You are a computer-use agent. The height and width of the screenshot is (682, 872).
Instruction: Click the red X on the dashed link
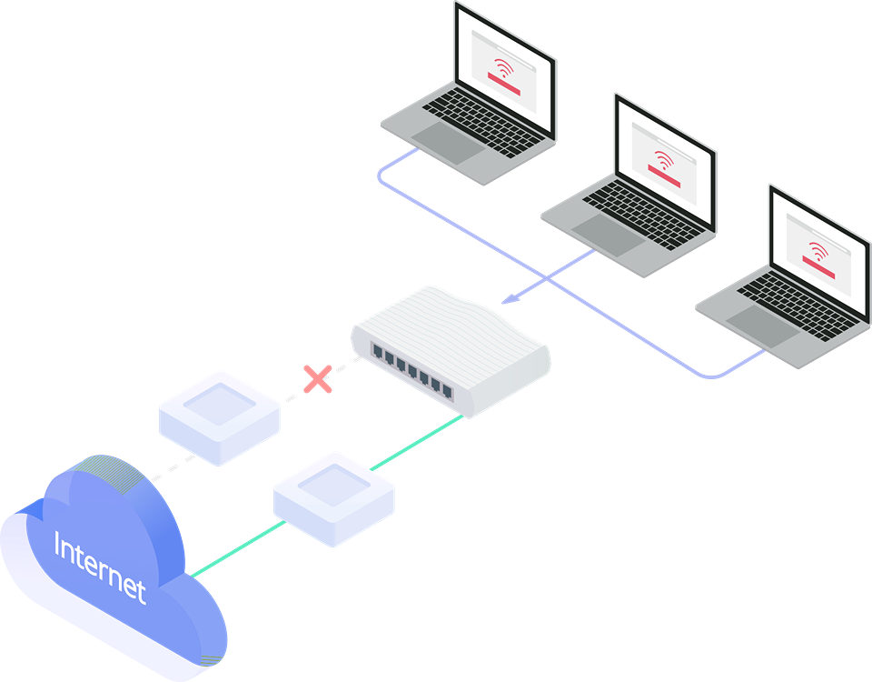[x=317, y=379]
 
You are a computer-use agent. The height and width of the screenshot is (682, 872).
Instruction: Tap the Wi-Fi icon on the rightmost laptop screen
[x=819, y=251]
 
